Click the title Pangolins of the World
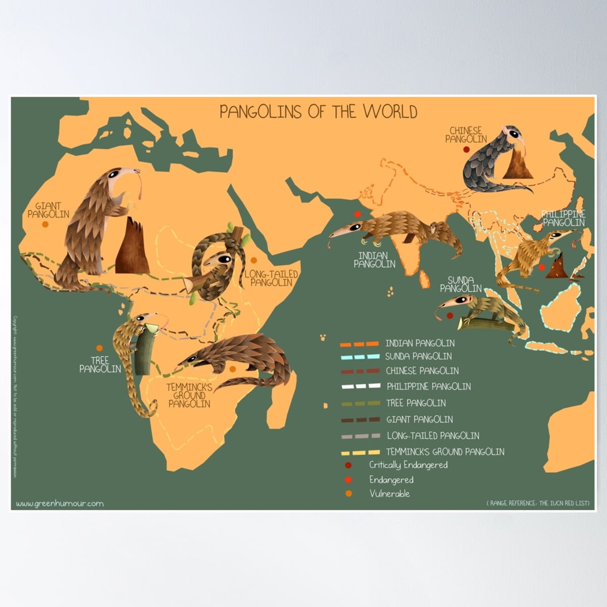click(x=318, y=111)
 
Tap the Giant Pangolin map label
click(x=48, y=210)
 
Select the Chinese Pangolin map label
click(x=466, y=135)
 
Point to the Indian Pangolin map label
click(x=374, y=259)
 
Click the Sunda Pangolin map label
click(x=460, y=284)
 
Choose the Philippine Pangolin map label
click(x=563, y=218)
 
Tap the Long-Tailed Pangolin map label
click(x=271, y=278)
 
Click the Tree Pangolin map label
click(x=100, y=364)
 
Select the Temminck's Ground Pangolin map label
click(x=189, y=395)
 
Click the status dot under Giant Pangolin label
click(x=46, y=225)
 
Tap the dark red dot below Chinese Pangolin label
click(x=466, y=150)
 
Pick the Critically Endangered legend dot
click(x=348, y=465)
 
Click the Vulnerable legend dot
click(x=348, y=494)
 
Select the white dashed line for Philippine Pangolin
click(x=360, y=386)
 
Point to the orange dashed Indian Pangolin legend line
click(x=359, y=344)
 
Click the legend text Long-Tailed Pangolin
click(x=432, y=436)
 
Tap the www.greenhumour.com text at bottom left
click(x=60, y=503)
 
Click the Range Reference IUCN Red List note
click(x=538, y=503)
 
